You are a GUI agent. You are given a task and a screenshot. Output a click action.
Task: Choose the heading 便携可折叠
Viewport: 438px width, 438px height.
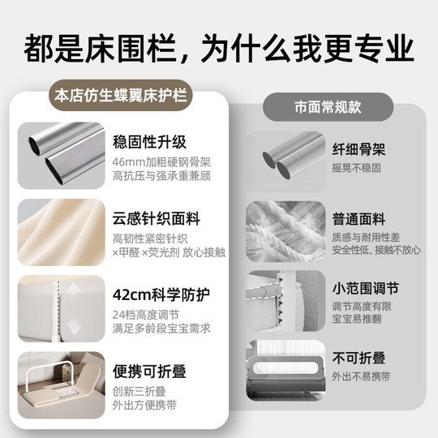(150, 372)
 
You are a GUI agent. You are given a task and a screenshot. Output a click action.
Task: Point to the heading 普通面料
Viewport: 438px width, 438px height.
(359, 219)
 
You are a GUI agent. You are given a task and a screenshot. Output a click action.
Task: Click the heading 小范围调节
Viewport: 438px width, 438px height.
(365, 289)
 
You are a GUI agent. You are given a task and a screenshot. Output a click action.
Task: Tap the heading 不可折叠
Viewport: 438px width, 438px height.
(359, 358)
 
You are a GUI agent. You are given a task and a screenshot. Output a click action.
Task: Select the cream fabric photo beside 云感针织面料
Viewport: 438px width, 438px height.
(62, 231)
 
